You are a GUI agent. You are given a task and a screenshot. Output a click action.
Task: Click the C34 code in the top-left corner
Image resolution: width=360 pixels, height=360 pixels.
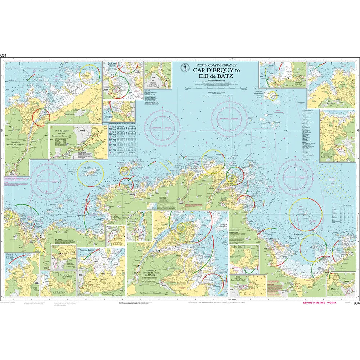pyautogui.click(x=3, y=55)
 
